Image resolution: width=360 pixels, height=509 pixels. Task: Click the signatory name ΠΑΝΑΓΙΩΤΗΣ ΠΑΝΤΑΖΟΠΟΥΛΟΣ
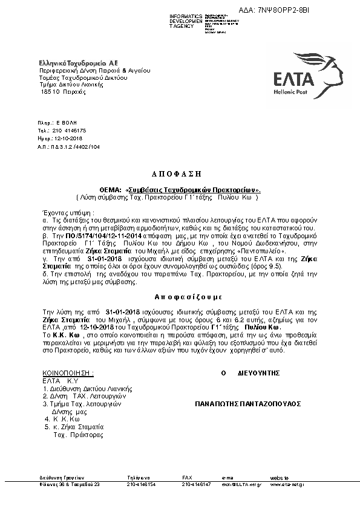tap(248, 403)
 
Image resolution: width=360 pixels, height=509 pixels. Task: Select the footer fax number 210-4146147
tap(197, 484)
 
